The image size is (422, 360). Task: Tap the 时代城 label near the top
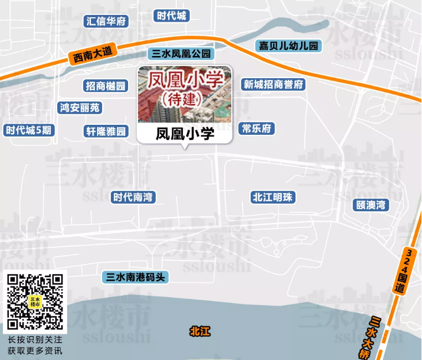(171, 16)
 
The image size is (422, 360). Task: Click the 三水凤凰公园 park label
(181, 54)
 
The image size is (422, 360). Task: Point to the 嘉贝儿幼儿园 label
(289, 46)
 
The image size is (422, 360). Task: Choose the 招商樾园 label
(106, 85)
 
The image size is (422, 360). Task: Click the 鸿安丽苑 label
(80, 108)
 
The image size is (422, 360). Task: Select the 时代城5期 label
(29, 130)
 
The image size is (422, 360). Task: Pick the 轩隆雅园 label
(106, 131)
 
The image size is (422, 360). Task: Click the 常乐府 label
(257, 129)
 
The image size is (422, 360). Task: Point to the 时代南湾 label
(133, 197)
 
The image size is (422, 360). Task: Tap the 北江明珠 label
(273, 197)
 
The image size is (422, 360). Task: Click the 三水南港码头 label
(135, 277)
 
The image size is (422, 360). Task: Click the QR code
(34, 302)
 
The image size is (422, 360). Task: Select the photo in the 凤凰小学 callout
(185, 94)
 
